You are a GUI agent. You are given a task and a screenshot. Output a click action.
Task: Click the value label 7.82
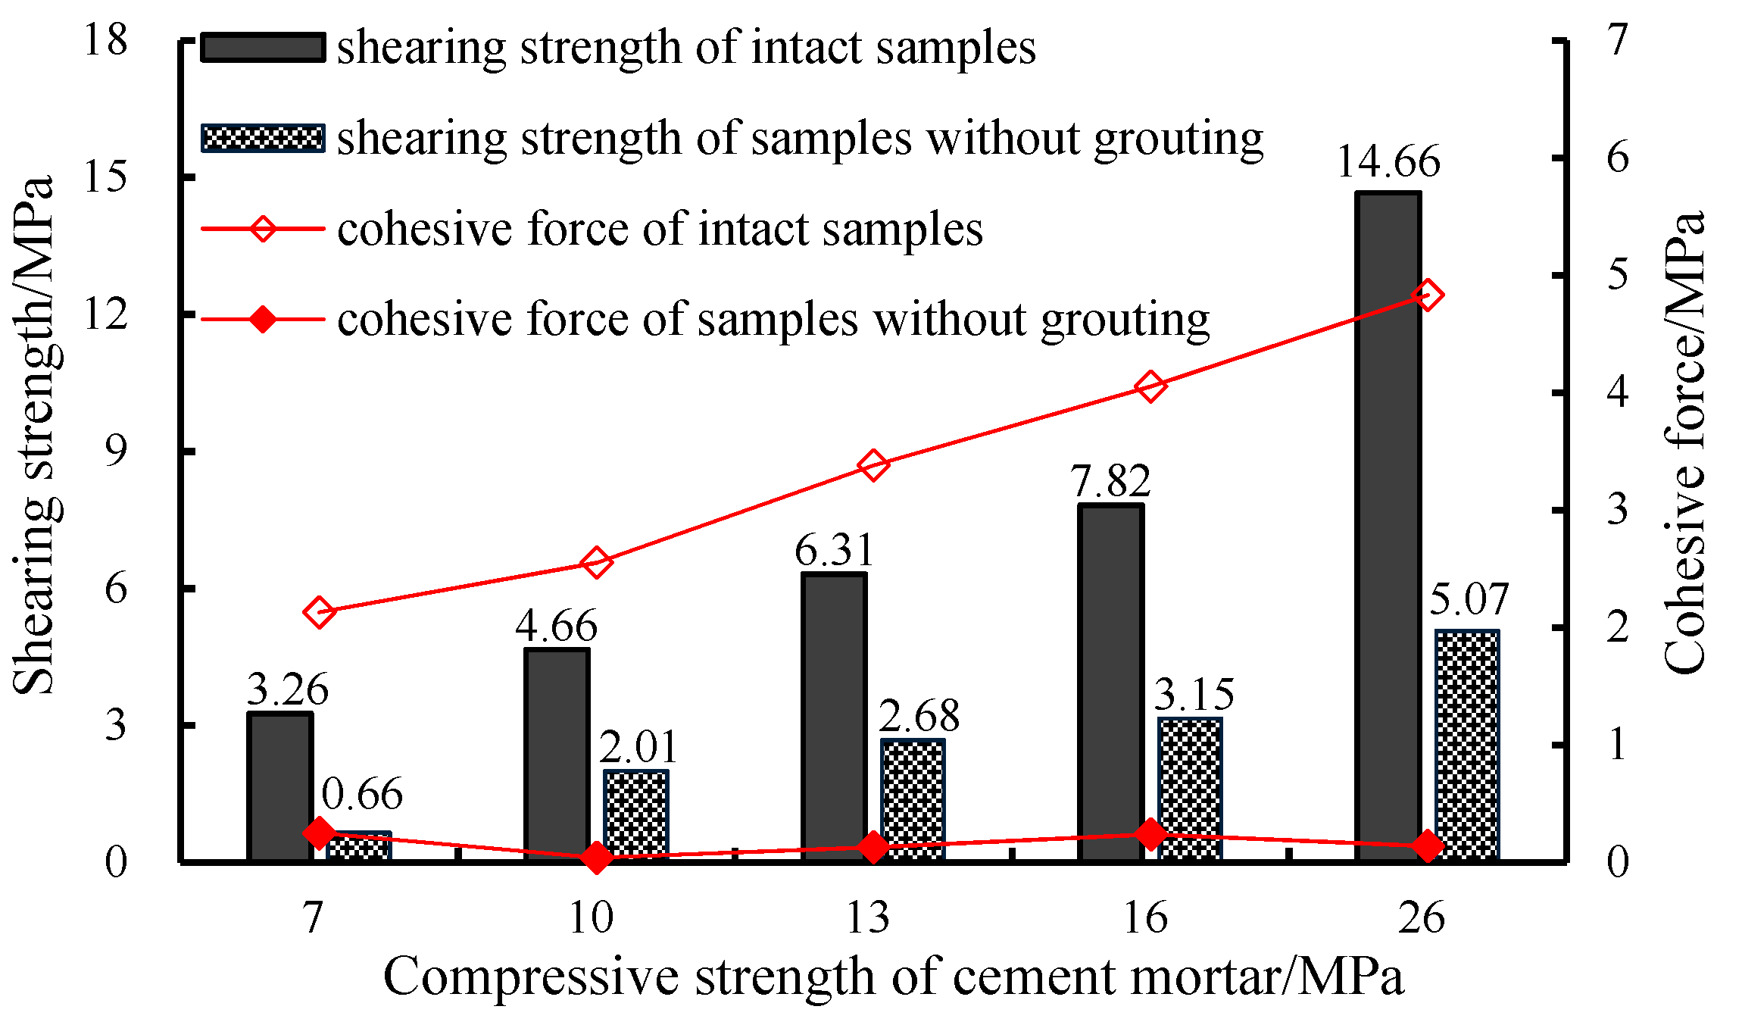(1110, 482)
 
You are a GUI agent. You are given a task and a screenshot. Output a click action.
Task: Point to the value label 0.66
(362, 795)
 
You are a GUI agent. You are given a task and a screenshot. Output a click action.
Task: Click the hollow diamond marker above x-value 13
(873, 465)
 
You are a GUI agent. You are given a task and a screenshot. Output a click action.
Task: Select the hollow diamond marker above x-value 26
(1428, 295)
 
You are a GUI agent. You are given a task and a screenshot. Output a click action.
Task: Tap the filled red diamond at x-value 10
(596, 858)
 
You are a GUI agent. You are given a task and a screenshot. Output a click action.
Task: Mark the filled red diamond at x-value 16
(1150, 834)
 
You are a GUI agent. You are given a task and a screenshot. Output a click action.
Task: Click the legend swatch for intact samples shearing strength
(263, 47)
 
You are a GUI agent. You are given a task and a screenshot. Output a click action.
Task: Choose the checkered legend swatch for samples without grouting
(263, 138)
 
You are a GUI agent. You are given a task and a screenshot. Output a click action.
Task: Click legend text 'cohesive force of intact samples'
(659, 229)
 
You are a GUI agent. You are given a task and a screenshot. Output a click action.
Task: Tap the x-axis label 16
(1145, 918)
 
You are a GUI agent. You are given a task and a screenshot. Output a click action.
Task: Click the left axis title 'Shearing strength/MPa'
(34, 436)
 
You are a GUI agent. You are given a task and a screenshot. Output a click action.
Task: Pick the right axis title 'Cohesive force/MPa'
(1685, 443)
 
